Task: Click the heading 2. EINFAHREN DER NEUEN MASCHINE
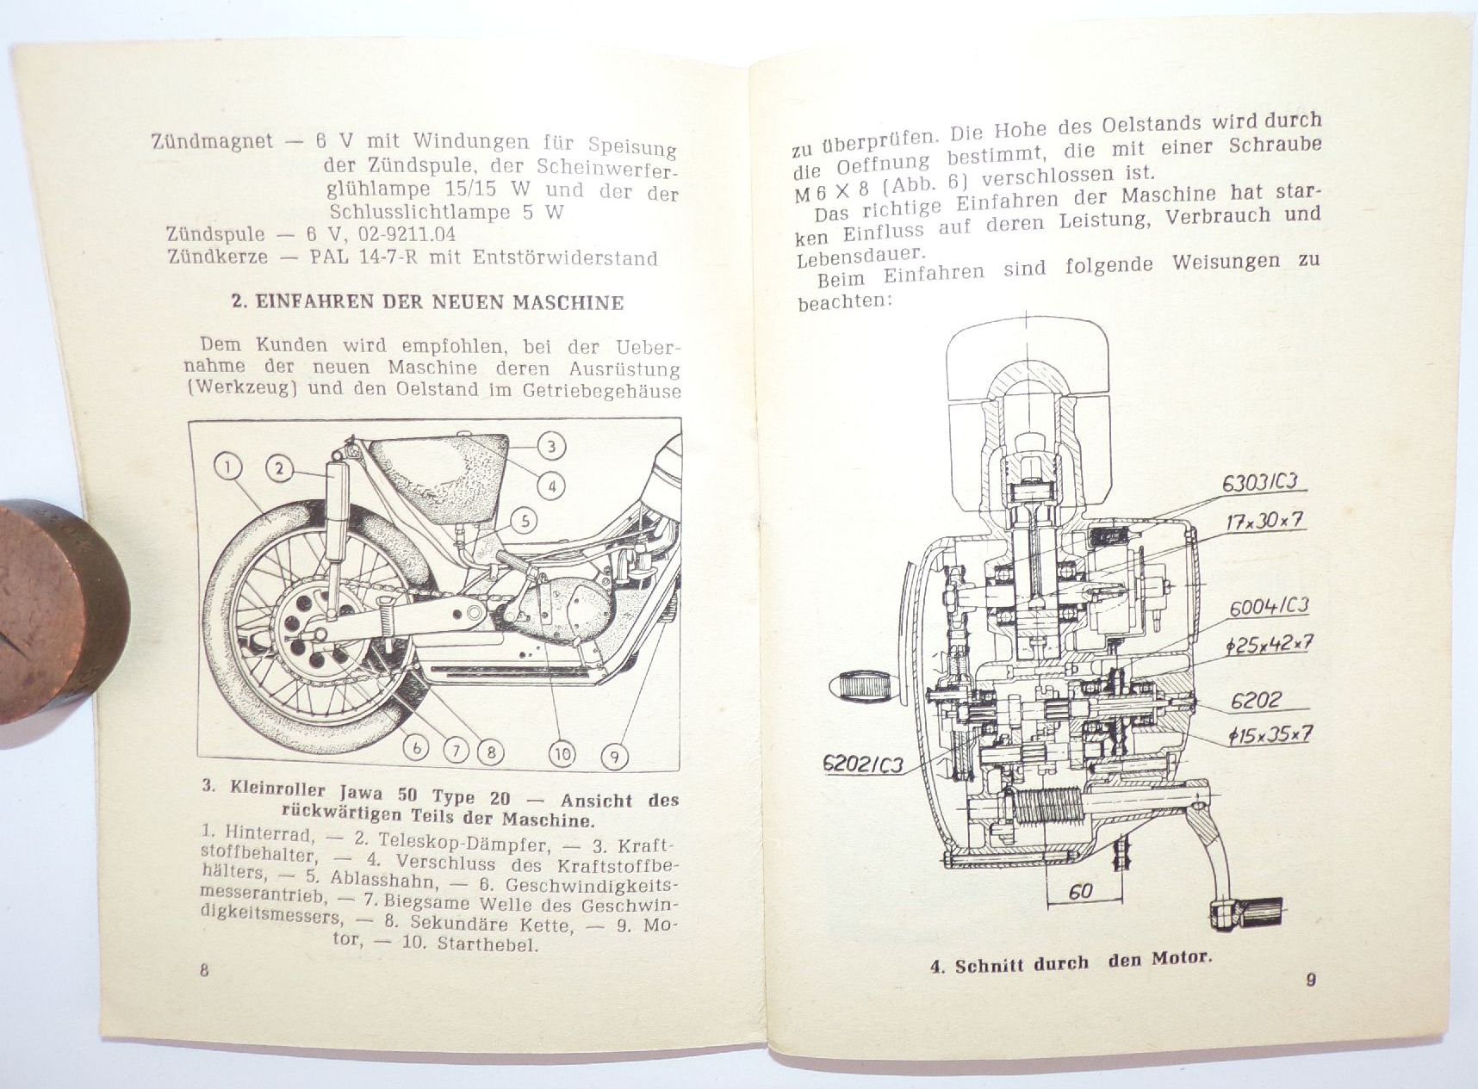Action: coord(427,302)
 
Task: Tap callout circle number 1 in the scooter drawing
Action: coord(227,467)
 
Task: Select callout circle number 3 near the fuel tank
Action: coord(551,446)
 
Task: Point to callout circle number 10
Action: coord(562,754)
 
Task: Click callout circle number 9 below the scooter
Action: coord(614,757)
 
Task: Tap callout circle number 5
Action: coord(525,520)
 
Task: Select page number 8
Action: coord(204,970)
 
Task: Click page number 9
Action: coord(1310,979)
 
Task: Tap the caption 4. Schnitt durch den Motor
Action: coord(1070,962)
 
